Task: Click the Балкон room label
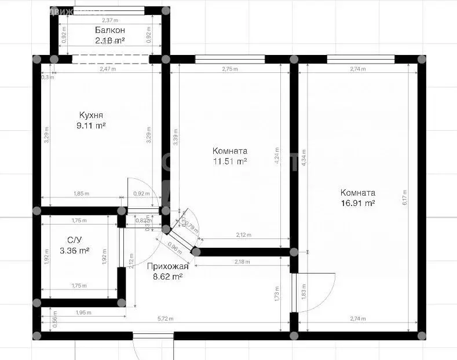(109, 30)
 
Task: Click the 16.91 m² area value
(357, 203)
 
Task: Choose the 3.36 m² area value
(75, 251)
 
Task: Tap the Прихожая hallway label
(168, 267)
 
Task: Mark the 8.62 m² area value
(168, 277)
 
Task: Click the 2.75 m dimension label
(230, 69)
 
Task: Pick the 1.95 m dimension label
(84, 313)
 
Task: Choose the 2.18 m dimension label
(242, 262)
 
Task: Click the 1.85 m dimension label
(81, 194)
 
